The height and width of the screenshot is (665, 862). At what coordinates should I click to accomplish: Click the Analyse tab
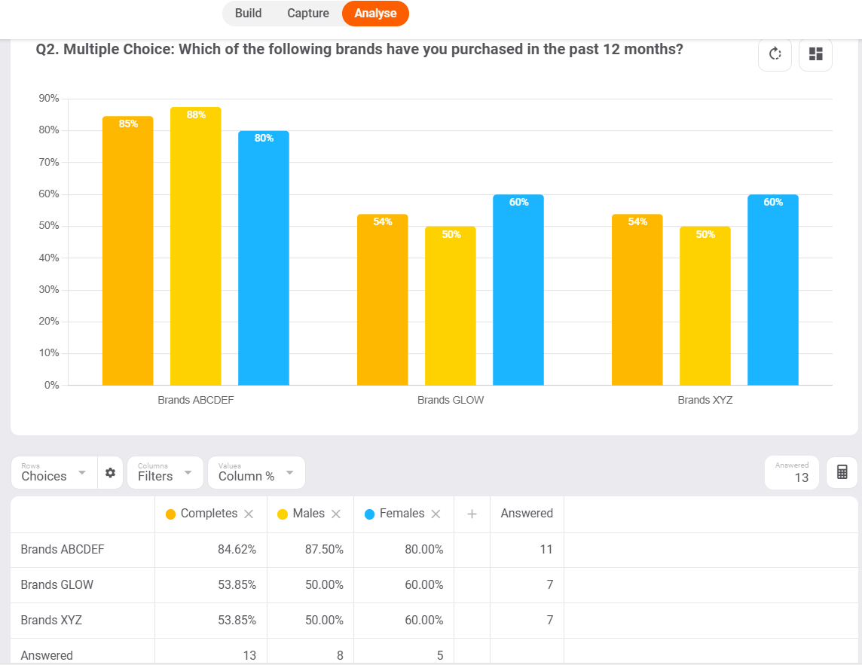point(375,14)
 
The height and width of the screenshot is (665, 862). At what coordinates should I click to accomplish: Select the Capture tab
point(308,14)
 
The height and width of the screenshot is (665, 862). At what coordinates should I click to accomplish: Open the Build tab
point(248,14)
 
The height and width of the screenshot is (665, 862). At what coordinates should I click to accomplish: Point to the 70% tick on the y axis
point(50,162)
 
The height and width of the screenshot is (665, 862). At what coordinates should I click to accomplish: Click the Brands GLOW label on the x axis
point(451,401)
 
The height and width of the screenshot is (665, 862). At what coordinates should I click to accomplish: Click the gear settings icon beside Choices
point(111,473)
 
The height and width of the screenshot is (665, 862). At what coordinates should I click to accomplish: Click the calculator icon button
point(842,472)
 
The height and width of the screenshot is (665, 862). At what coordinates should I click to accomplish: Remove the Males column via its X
point(336,514)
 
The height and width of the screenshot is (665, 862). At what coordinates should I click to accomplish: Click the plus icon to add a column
point(472,514)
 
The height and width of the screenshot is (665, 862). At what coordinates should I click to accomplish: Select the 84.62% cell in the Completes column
point(237,550)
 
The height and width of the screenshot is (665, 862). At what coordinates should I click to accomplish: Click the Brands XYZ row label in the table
point(51,621)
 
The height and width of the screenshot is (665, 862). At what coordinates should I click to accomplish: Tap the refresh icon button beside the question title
point(775,54)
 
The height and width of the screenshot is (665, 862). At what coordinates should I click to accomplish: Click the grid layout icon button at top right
point(815,54)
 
